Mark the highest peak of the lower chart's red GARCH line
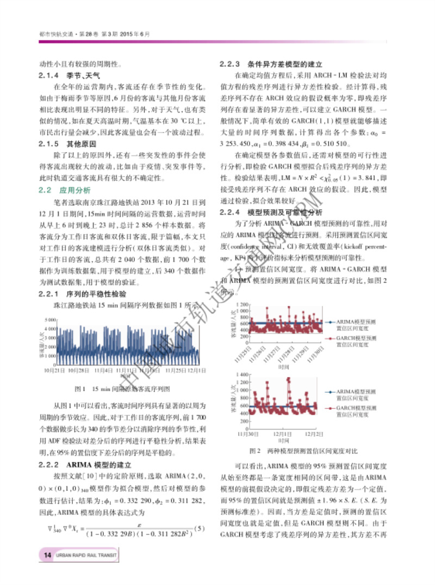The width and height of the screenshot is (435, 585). point(288,379)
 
